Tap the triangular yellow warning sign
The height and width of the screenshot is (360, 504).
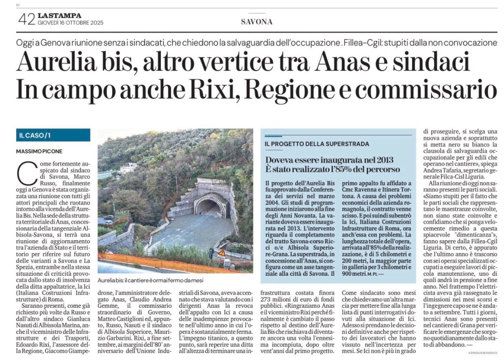click(222, 252)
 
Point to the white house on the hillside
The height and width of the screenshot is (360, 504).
click(128, 167)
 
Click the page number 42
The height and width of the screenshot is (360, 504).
click(26, 19)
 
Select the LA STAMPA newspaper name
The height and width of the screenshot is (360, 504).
click(59, 16)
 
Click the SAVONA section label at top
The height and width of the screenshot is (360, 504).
click(256, 22)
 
